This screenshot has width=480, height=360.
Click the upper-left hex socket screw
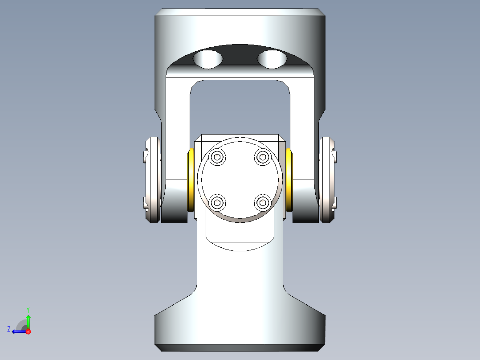pyautogui.click(x=217, y=157)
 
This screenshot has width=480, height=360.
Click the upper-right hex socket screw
pyautogui.click(x=262, y=157)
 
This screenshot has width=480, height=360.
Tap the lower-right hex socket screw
pyautogui.click(x=262, y=203)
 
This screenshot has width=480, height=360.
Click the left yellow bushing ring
pyautogui.click(x=191, y=180)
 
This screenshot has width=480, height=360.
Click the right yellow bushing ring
pyautogui.click(x=289, y=180)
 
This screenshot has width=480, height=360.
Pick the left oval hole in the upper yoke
pyautogui.click(x=208, y=59)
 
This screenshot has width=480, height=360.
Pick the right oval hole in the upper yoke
pyautogui.click(x=272, y=59)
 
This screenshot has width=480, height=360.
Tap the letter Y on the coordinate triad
pyautogui.click(x=28, y=309)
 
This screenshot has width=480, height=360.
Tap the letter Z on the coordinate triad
pyautogui.click(x=9, y=329)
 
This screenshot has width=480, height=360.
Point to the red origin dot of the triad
pyautogui.click(x=28, y=331)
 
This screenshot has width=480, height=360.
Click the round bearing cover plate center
pyautogui.click(x=240, y=180)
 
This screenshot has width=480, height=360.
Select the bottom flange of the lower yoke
pyautogui.click(x=240, y=330)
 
